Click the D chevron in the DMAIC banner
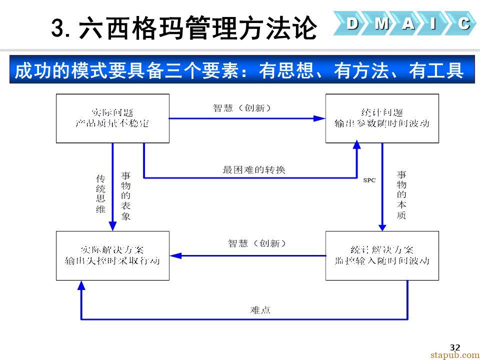[352, 23]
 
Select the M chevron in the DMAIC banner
[381, 23]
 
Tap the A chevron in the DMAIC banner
[408, 23]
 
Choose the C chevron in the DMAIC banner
[463, 23]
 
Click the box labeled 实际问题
[112, 118]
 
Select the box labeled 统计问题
[382, 118]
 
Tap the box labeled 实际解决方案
[112, 255]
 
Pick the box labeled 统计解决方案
[382, 255]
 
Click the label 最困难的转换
[254, 170]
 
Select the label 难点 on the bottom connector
[260, 310]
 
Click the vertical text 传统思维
[100, 194]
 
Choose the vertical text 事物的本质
[401, 195]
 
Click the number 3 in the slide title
[59, 28]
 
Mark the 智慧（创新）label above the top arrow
[242, 107]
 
